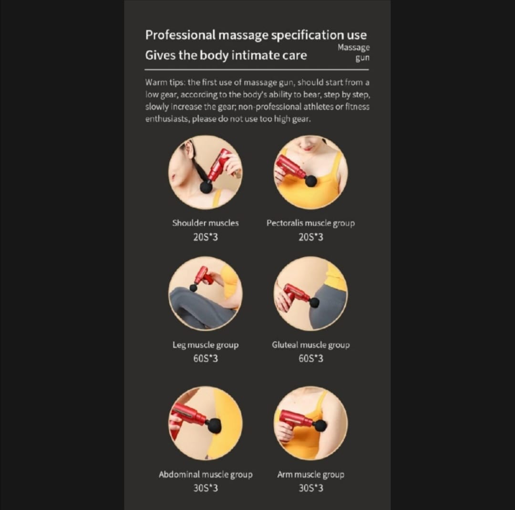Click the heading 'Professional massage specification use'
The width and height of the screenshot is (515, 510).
256,35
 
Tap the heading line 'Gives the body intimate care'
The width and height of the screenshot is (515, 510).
226,55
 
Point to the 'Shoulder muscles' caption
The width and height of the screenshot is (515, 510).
206,223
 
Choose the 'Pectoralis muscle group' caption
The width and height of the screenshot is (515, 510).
310,223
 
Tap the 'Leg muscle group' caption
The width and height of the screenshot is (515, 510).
206,345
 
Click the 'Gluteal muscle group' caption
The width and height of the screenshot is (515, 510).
310,345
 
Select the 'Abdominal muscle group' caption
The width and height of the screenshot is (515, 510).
206,474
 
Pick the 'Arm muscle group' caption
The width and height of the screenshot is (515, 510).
310,474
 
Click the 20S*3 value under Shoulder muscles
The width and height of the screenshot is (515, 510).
206,237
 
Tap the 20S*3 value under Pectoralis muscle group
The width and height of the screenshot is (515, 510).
310,237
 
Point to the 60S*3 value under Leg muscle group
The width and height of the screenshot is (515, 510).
206,359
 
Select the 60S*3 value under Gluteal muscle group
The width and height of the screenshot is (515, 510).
310,359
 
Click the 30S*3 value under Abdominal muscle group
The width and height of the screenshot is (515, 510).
206,488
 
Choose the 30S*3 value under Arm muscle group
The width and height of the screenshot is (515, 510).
310,488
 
